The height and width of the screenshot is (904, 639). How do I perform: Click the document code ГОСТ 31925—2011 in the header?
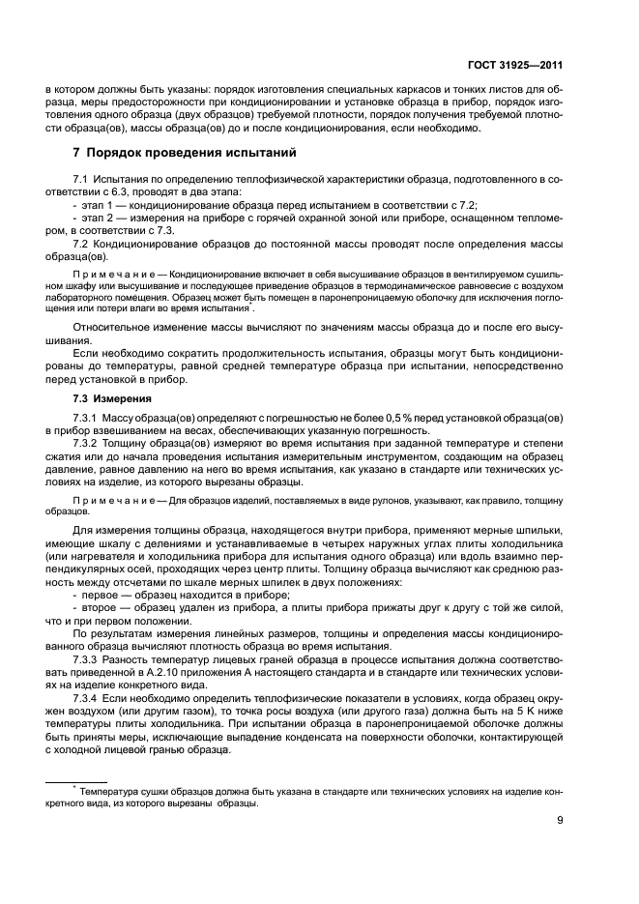pos(523,66)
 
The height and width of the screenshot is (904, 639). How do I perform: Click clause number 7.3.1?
pos(88,417)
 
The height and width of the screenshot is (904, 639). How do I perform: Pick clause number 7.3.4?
pos(88,697)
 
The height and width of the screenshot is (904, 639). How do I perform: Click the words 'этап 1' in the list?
pos(98,206)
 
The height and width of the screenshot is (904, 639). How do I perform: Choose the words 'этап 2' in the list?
pos(98,219)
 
